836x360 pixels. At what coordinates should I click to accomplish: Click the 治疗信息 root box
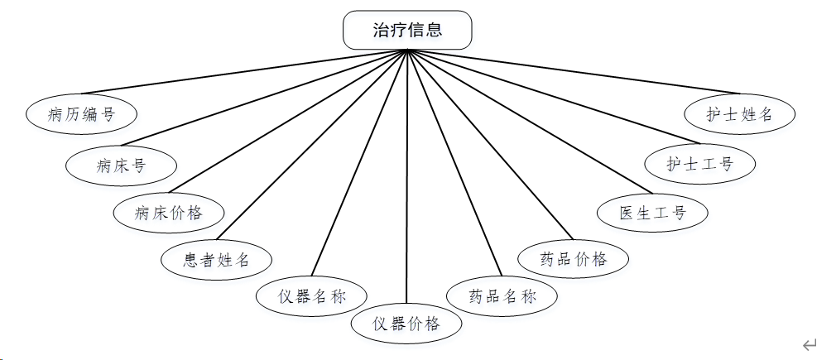407,31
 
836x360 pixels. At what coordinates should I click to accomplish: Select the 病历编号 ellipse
81,114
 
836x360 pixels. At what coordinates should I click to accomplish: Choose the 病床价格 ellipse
169,212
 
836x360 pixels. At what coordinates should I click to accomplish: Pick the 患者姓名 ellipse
217,260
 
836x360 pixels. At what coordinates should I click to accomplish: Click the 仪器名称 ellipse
311,295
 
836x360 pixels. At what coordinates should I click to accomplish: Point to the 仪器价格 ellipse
407,323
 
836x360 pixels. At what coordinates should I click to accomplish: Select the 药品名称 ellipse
502,296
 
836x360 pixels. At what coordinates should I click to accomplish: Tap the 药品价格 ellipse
573,258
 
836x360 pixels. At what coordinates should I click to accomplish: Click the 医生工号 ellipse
653,212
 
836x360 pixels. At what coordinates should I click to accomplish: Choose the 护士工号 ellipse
700,163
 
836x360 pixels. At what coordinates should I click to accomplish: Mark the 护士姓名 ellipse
739,113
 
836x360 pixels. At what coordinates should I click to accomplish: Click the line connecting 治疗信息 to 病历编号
244,72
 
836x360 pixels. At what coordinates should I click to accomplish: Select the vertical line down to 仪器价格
407,182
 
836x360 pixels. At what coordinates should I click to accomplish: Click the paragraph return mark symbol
810,344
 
